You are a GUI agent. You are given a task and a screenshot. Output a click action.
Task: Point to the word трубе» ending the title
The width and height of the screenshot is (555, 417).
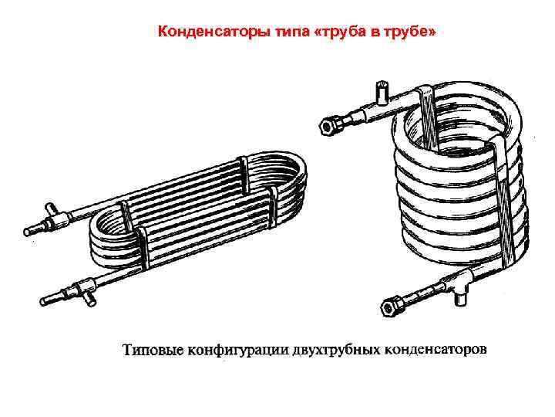click(x=409, y=32)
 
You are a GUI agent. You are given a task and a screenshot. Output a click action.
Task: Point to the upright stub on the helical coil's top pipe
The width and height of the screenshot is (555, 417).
click(x=382, y=92)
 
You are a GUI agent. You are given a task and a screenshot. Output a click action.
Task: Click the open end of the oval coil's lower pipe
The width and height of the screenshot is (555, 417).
click(x=43, y=301)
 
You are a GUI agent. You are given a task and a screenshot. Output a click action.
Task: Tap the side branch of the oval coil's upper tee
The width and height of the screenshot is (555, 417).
click(x=51, y=208)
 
